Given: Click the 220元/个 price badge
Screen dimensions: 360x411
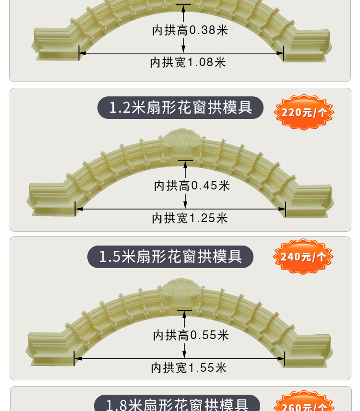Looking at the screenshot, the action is (x=303, y=113).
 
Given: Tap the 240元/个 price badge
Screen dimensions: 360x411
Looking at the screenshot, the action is (x=303, y=257).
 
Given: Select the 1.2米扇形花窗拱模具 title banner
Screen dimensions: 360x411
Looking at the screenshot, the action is (x=180, y=107).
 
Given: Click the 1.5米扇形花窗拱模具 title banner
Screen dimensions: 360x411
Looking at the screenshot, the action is (x=170, y=257).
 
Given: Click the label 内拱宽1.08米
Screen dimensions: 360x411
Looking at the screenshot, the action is (x=188, y=62).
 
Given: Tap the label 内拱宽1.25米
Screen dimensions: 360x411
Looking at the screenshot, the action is (x=190, y=218).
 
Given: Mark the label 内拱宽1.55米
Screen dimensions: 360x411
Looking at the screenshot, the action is (x=189, y=368).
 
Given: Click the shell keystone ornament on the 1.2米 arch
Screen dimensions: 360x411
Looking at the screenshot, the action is (x=182, y=139).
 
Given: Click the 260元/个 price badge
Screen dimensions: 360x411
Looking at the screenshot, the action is (x=303, y=404).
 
